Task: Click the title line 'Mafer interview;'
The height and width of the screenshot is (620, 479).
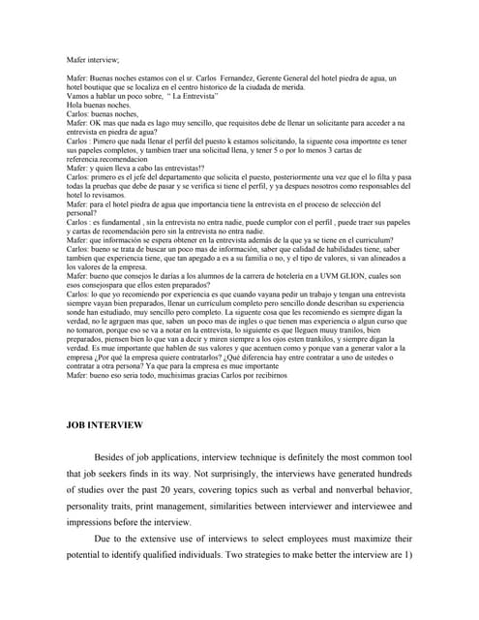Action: [94, 60]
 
